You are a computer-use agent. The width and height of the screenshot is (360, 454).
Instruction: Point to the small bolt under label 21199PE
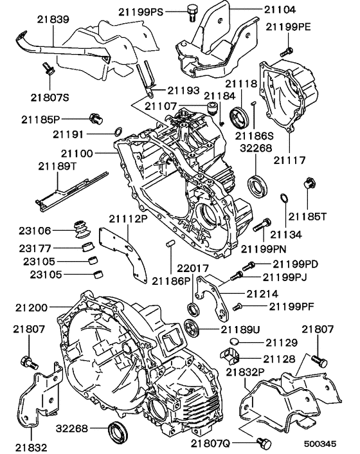287,49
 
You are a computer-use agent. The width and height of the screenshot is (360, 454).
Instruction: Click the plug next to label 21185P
97,118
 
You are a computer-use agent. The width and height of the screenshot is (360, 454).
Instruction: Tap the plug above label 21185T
308,184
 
